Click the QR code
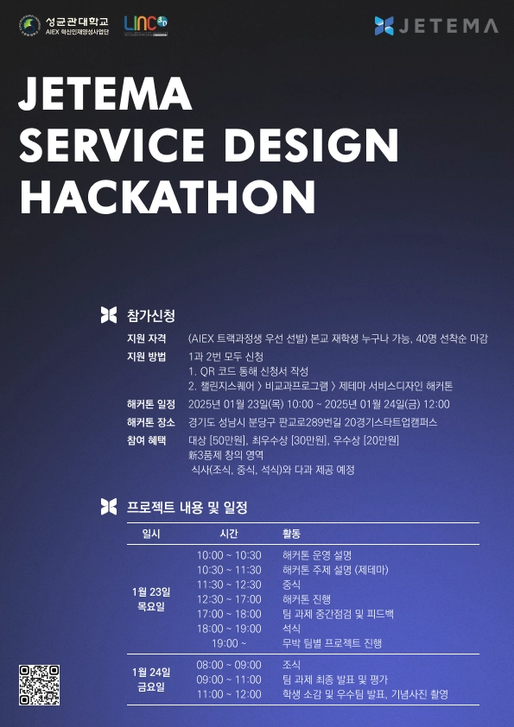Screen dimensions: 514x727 39,685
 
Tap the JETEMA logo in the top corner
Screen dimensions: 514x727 436,26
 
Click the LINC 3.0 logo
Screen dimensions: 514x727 146,26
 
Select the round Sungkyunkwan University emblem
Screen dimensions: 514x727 29,26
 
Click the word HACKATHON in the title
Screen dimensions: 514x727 167,196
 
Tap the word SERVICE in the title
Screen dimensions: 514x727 111,145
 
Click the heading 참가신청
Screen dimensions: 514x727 151,316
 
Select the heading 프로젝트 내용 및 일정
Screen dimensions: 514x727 187,507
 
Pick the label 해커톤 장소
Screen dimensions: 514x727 151,422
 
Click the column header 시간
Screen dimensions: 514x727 229,534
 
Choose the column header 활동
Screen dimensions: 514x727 291,534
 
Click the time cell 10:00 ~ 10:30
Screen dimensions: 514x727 229,555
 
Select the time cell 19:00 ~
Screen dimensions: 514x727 229,643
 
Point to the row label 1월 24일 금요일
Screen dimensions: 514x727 151,680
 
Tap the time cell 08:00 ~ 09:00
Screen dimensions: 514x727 229,665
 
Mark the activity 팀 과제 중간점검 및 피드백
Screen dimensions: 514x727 338,614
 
